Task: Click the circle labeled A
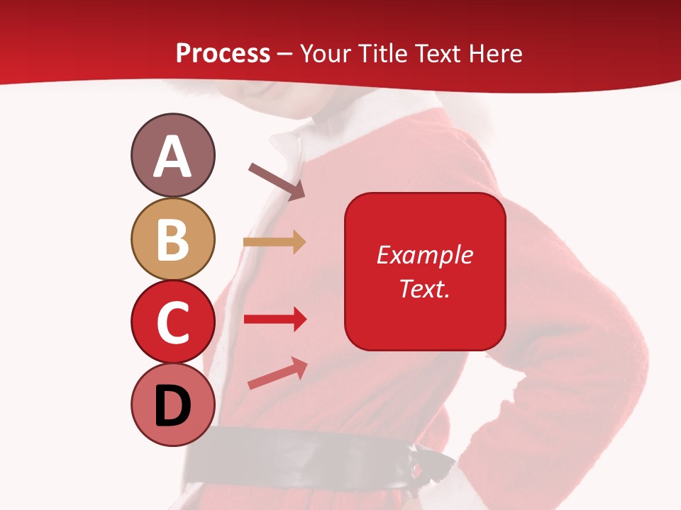point(172,155)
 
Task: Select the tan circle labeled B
point(172,239)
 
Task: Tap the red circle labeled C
point(172,322)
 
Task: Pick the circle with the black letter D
point(172,404)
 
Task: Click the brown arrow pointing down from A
point(277,181)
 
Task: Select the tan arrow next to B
point(275,242)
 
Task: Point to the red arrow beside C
point(275,319)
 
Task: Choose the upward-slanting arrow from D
point(277,373)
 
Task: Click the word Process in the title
point(223,53)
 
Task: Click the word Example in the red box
point(424,255)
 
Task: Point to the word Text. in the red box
point(424,288)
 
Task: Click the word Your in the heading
point(326,53)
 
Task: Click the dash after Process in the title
point(285,55)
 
